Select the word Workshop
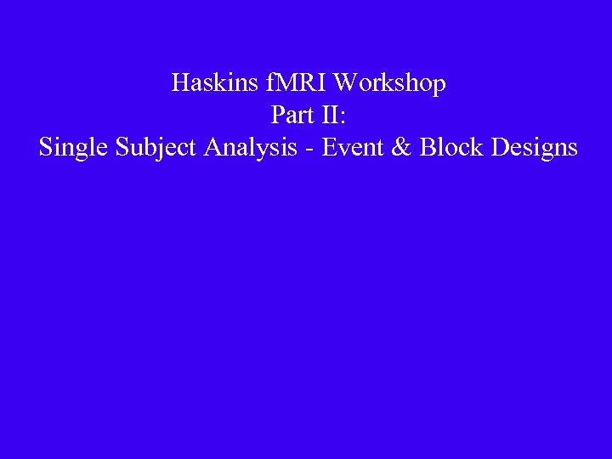[390, 84]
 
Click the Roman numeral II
[329, 115]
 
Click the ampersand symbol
[404, 147]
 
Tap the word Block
[450, 147]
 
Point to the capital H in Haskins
[180, 83]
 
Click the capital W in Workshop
[348, 83]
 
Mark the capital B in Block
[429, 147]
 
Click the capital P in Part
[278, 115]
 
